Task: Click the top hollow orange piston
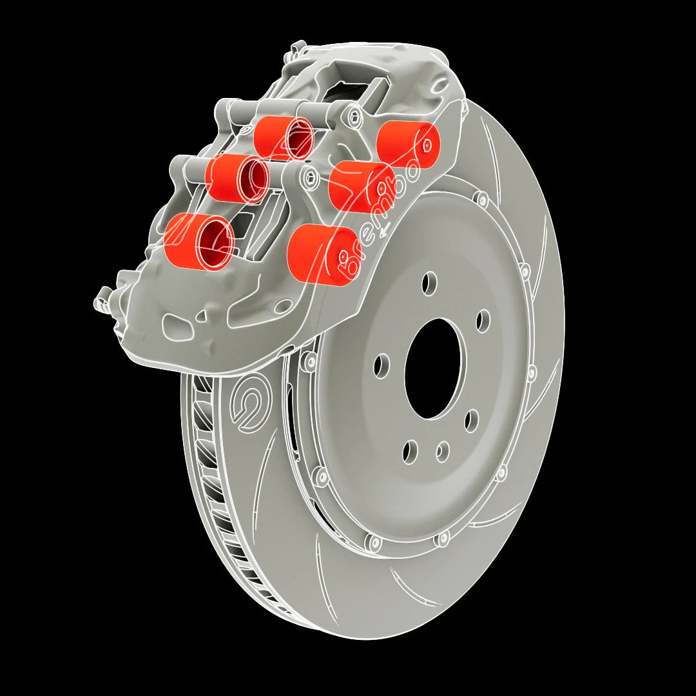coord(284,137)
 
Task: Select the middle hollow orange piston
coord(237,176)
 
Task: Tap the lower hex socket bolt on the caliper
coord(312,179)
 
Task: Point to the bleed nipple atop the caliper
coord(298,49)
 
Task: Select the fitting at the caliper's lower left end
coord(102,300)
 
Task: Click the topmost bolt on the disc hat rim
coord(480,199)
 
